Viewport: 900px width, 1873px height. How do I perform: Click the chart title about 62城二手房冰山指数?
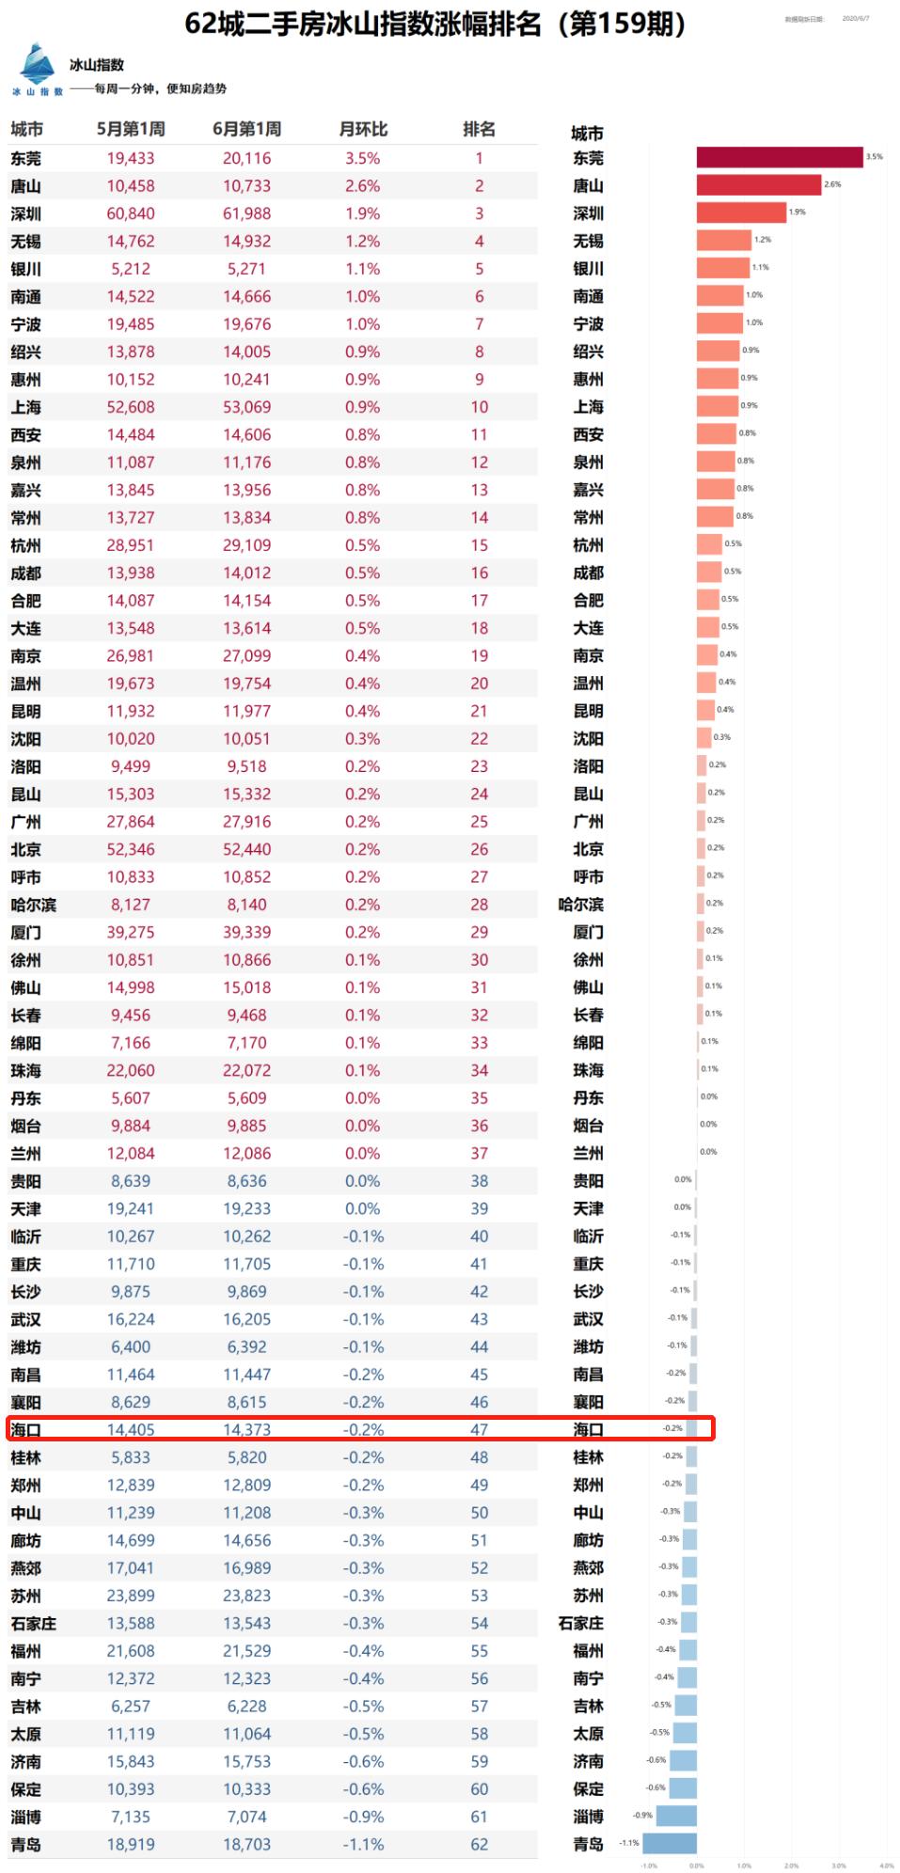pyautogui.click(x=434, y=24)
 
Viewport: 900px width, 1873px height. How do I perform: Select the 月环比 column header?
pyautogui.click(x=363, y=130)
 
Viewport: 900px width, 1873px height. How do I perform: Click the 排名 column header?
pyautogui.click(x=479, y=130)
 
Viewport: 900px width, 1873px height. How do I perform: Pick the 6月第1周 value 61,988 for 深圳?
pyautogui.click(x=246, y=213)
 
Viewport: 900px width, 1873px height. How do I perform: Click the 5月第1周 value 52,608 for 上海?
pyautogui.click(x=131, y=407)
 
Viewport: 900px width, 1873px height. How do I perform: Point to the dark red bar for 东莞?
pyautogui.click(x=779, y=157)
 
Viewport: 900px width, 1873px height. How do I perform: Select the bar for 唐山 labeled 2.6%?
pyautogui.click(x=758, y=185)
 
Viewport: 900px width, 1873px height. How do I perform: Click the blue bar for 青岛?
pyautogui.click(x=670, y=1844)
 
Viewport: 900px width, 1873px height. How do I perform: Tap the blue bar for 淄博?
pyautogui.click(x=676, y=1816)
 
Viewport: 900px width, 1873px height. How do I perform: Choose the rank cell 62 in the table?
pyautogui.click(x=479, y=1844)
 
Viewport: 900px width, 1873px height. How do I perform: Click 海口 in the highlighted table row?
pyautogui.click(x=26, y=1430)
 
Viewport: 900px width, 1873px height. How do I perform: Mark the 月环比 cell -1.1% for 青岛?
pyautogui.click(x=363, y=1844)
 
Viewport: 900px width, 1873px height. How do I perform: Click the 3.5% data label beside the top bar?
pyautogui.click(x=875, y=157)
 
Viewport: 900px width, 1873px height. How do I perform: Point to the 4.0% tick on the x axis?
pyautogui.click(x=886, y=1865)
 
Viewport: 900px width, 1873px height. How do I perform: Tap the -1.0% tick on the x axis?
pyautogui.click(x=649, y=1865)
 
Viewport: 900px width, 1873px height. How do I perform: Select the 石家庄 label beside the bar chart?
pyautogui.click(x=581, y=1623)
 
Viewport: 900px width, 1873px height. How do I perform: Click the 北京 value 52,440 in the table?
pyautogui.click(x=246, y=849)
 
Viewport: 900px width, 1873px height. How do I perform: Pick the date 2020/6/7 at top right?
pyautogui.click(x=856, y=19)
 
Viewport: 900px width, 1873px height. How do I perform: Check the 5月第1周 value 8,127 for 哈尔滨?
pyautogui.click(x=131, y=905)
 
